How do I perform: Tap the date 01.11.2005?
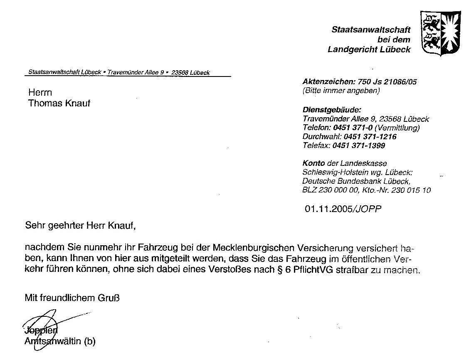pyautogui.click(x=328, y=209)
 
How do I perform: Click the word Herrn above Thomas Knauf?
pyautogui.click(x=40, y=92)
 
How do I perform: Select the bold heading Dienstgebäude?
pyautogui.click(x=332, y=110)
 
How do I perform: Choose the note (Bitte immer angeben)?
pyautogui.click(x=341, y=90)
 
